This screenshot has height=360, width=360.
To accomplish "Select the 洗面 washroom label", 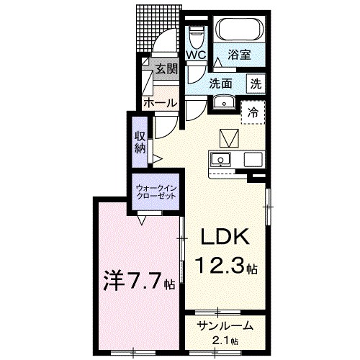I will pyautogui.click(x=221, y=83).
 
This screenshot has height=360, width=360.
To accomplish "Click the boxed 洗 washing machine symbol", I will pyautogui.click(x=255, y=83).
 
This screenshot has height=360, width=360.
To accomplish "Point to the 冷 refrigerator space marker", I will pyautogui.click(x=253, y=112).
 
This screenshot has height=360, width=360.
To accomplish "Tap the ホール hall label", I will pyautogui.click(x=159, y=103).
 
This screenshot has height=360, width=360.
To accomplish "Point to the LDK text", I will pyautogui.click(x=224, y=238).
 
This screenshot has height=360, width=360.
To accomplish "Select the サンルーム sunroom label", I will pyautogui.click(x=225, y=325).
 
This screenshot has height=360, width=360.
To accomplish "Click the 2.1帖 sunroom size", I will pyautogui.click(x=225, y=340).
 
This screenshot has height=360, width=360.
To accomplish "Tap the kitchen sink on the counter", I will pyautogui.click(x=220, y=159).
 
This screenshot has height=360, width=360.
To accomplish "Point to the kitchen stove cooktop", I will pyautogui.click(x=253, y=159).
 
